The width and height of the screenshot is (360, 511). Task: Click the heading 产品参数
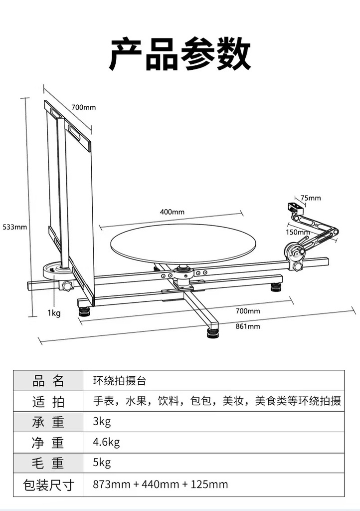(180, 54)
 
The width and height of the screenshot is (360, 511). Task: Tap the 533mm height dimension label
(15, 227)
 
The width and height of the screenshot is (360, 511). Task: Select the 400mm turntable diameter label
(172, 212)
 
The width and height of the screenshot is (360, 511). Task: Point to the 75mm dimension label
(311, 198)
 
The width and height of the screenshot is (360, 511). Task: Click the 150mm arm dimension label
(298, 232)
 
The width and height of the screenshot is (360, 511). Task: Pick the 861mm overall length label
(248, 326)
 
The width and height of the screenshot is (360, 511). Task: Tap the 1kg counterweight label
(54, 313)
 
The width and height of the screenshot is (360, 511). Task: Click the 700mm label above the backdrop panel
(83, 107)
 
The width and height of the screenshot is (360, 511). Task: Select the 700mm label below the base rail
(248, 311)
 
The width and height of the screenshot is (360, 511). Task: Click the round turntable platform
(183, 243)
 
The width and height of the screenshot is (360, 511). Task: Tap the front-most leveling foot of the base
(213, 332)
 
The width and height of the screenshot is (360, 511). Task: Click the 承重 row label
(48, 422)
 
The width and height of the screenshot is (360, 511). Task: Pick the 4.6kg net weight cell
(107, 442)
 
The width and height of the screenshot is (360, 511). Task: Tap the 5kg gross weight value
(102, 463)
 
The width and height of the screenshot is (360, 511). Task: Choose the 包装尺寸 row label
(48, 485)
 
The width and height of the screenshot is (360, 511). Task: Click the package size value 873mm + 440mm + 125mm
(161, 484)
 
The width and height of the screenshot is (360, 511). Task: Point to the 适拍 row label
(48, 401)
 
